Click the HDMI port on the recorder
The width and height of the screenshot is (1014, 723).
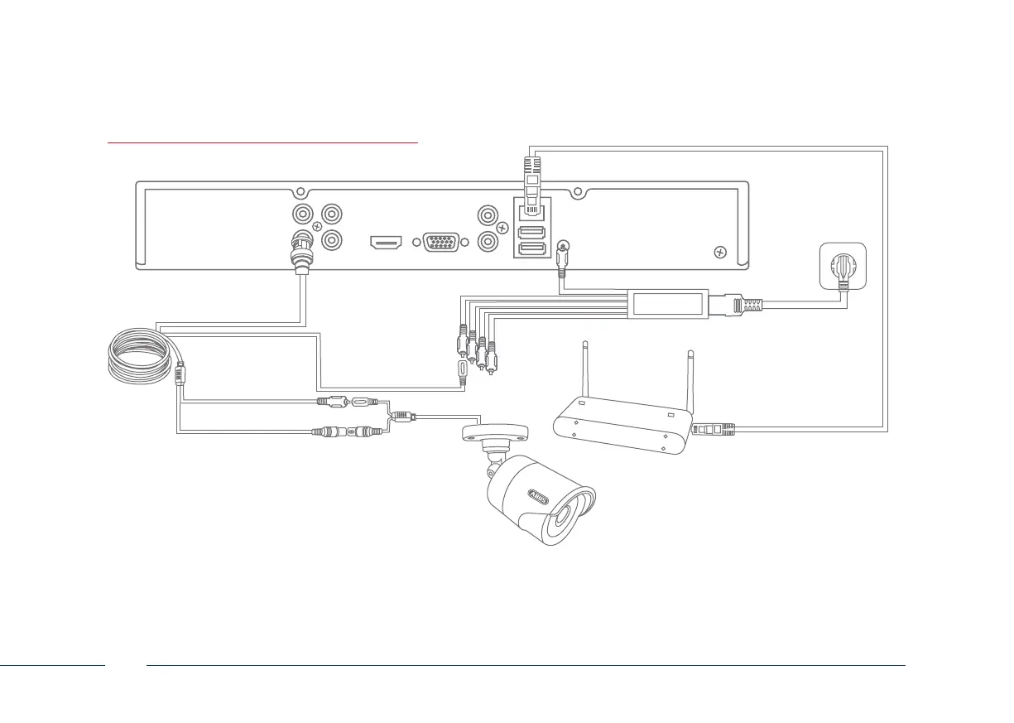click(386, 243)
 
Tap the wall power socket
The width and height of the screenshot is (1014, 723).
click(842, 267)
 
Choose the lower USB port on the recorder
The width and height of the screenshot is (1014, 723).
click(530, 248)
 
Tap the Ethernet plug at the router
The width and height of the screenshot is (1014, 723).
click(714, 429)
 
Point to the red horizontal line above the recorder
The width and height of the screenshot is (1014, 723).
click(263, 142)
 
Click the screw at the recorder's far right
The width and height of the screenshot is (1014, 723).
click(719, 251)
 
